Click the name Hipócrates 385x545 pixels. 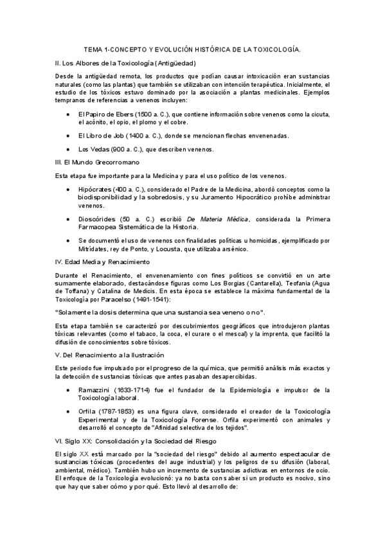pyautogui.click(x=94, y=190)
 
